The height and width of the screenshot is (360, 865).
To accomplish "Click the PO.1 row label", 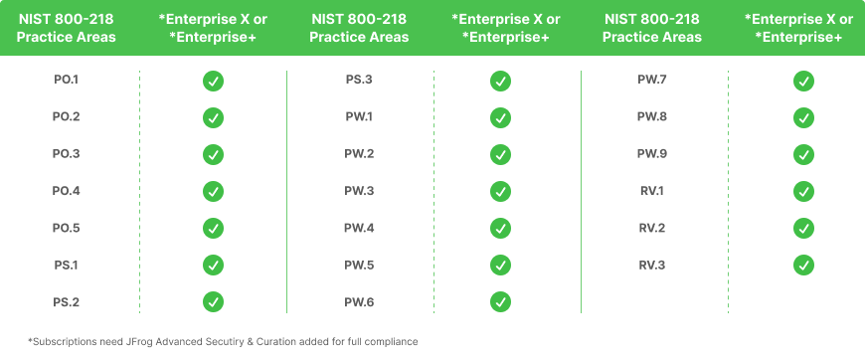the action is pos(66,81).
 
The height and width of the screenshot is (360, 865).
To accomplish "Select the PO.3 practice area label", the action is pos(66,154).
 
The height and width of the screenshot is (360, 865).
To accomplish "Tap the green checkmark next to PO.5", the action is pos(213,228).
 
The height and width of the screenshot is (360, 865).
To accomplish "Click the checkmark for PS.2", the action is pos(213,301).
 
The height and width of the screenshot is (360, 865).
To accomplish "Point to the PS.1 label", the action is pos(66,265).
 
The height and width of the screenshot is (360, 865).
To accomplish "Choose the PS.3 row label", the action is pos(359,81).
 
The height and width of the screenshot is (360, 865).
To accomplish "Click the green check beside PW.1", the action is pos(501,117).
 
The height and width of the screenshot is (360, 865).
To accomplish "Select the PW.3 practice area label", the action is pos(359,191).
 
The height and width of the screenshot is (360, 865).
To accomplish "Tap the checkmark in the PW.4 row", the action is pos(501,228).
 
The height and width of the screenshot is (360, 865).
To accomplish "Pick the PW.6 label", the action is pos(359,301).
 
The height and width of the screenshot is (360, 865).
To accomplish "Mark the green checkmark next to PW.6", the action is pos(501,301).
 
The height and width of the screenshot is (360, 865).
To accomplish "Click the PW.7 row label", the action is pos(652,81).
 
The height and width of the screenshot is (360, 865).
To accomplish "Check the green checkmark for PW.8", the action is pos(803,117).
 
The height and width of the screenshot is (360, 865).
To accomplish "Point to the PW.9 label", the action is pos(652,154).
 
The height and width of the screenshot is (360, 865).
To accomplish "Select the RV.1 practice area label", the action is pos(652,191).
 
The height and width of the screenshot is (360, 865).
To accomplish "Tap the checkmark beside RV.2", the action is pos(803,228).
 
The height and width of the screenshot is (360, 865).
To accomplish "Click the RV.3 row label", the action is pos(652,265).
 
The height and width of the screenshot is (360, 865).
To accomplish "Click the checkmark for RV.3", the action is pos(803,265).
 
